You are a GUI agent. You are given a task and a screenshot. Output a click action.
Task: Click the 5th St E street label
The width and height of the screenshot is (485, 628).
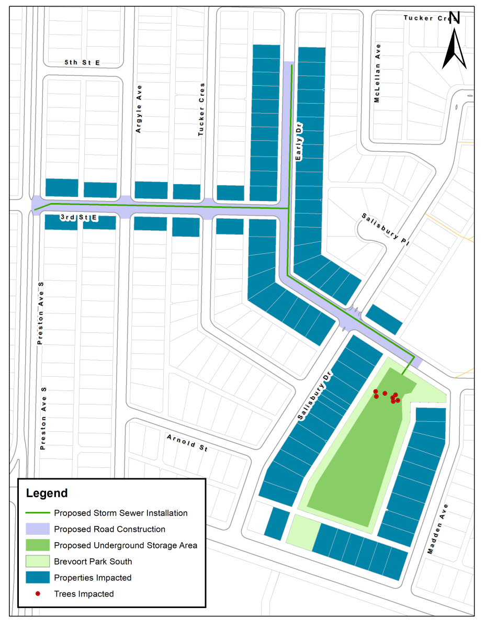point(82,63)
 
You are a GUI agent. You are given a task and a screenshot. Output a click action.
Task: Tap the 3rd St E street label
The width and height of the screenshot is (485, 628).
point(79,217)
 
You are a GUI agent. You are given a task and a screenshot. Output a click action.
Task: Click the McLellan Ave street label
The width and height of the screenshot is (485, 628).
point(377,73)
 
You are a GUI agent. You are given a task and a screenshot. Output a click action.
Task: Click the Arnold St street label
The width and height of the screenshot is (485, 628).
point(187,441)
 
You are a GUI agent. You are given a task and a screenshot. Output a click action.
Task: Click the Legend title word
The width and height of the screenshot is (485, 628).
point(47,493)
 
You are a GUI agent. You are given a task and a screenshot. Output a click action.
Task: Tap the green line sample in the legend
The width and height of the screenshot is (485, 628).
point(38,513)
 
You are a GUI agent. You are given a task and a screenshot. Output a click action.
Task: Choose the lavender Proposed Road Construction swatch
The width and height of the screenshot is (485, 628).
point(38,529)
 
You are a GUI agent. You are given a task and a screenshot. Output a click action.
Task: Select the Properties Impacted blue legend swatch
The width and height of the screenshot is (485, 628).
point(38,577)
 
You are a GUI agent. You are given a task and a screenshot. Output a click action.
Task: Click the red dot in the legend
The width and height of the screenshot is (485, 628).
point(38,593)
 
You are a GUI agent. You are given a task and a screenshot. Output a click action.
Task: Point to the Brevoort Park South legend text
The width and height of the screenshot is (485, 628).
point(93,562)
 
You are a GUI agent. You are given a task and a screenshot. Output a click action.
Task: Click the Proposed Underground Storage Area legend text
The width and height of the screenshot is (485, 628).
point(126,545)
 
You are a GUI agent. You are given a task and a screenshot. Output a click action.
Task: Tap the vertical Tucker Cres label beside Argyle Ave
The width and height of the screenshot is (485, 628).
point(201,110)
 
